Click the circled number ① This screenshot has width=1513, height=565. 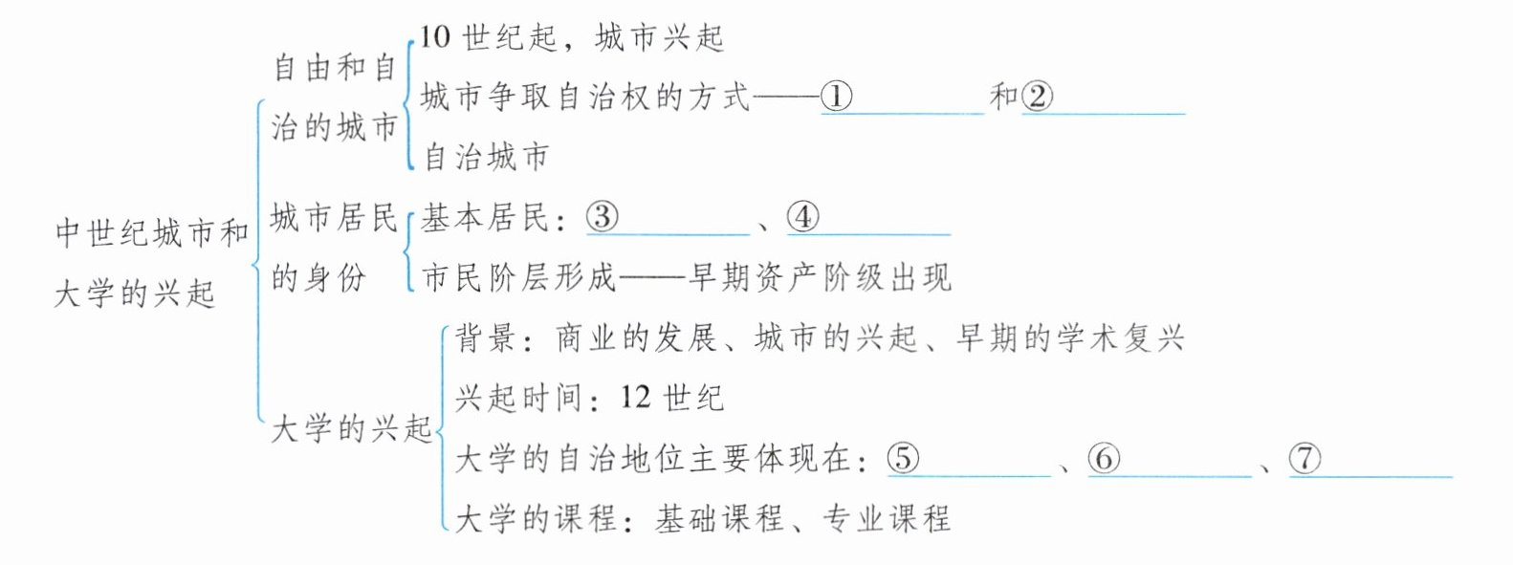coord(837,96)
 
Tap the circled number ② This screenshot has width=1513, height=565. coord(1038,96)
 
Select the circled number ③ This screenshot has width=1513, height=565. coord(602,217)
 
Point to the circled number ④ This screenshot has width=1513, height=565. coord(802,217)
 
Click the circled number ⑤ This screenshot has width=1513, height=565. coord(903,459)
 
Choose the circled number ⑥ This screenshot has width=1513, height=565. coord(1104,459)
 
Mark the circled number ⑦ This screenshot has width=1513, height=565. coord(1305,459)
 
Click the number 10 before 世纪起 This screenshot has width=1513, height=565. coord(434,37)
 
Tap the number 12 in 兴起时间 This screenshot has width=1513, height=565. coord(635,397)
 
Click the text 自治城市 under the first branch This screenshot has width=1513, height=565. coord(486,156)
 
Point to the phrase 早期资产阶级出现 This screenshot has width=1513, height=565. coord(821,277)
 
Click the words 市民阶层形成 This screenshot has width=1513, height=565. coord(519,277)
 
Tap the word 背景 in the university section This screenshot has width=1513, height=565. coord(486,338)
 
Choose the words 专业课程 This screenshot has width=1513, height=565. coord(887,519)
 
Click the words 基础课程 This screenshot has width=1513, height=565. coord(719,519)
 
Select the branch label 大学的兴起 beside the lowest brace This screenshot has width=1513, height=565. coord(352,428)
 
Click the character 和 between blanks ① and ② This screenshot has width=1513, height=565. coord(1004,96)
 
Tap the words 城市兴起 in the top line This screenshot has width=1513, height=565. coord(660,37)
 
